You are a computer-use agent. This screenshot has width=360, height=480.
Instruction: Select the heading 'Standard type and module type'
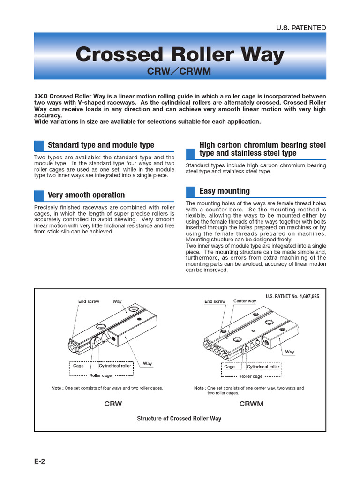coord(101,145)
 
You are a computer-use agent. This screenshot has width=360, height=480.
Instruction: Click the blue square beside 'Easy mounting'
coord(190,191)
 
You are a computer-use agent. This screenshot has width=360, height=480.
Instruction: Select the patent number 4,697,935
coord(292,296)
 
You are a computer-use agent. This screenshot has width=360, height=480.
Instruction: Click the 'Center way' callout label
coord(245,301)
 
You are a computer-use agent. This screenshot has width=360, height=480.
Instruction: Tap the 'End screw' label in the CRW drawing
coord(89,301)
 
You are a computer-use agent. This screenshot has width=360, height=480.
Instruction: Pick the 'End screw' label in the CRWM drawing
coord(215,301)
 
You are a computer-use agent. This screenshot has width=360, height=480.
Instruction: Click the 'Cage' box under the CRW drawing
coord(78,366)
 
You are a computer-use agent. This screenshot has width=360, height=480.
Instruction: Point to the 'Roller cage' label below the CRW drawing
coord(101,375)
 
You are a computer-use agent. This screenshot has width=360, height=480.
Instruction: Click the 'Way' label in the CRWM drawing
coord(290,352)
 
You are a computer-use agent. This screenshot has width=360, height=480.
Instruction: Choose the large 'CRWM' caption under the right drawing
coord(251,404)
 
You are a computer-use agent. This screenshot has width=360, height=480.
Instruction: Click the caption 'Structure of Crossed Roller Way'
coord(179,418)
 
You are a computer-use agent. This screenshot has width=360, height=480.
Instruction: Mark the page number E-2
coord(39,461)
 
